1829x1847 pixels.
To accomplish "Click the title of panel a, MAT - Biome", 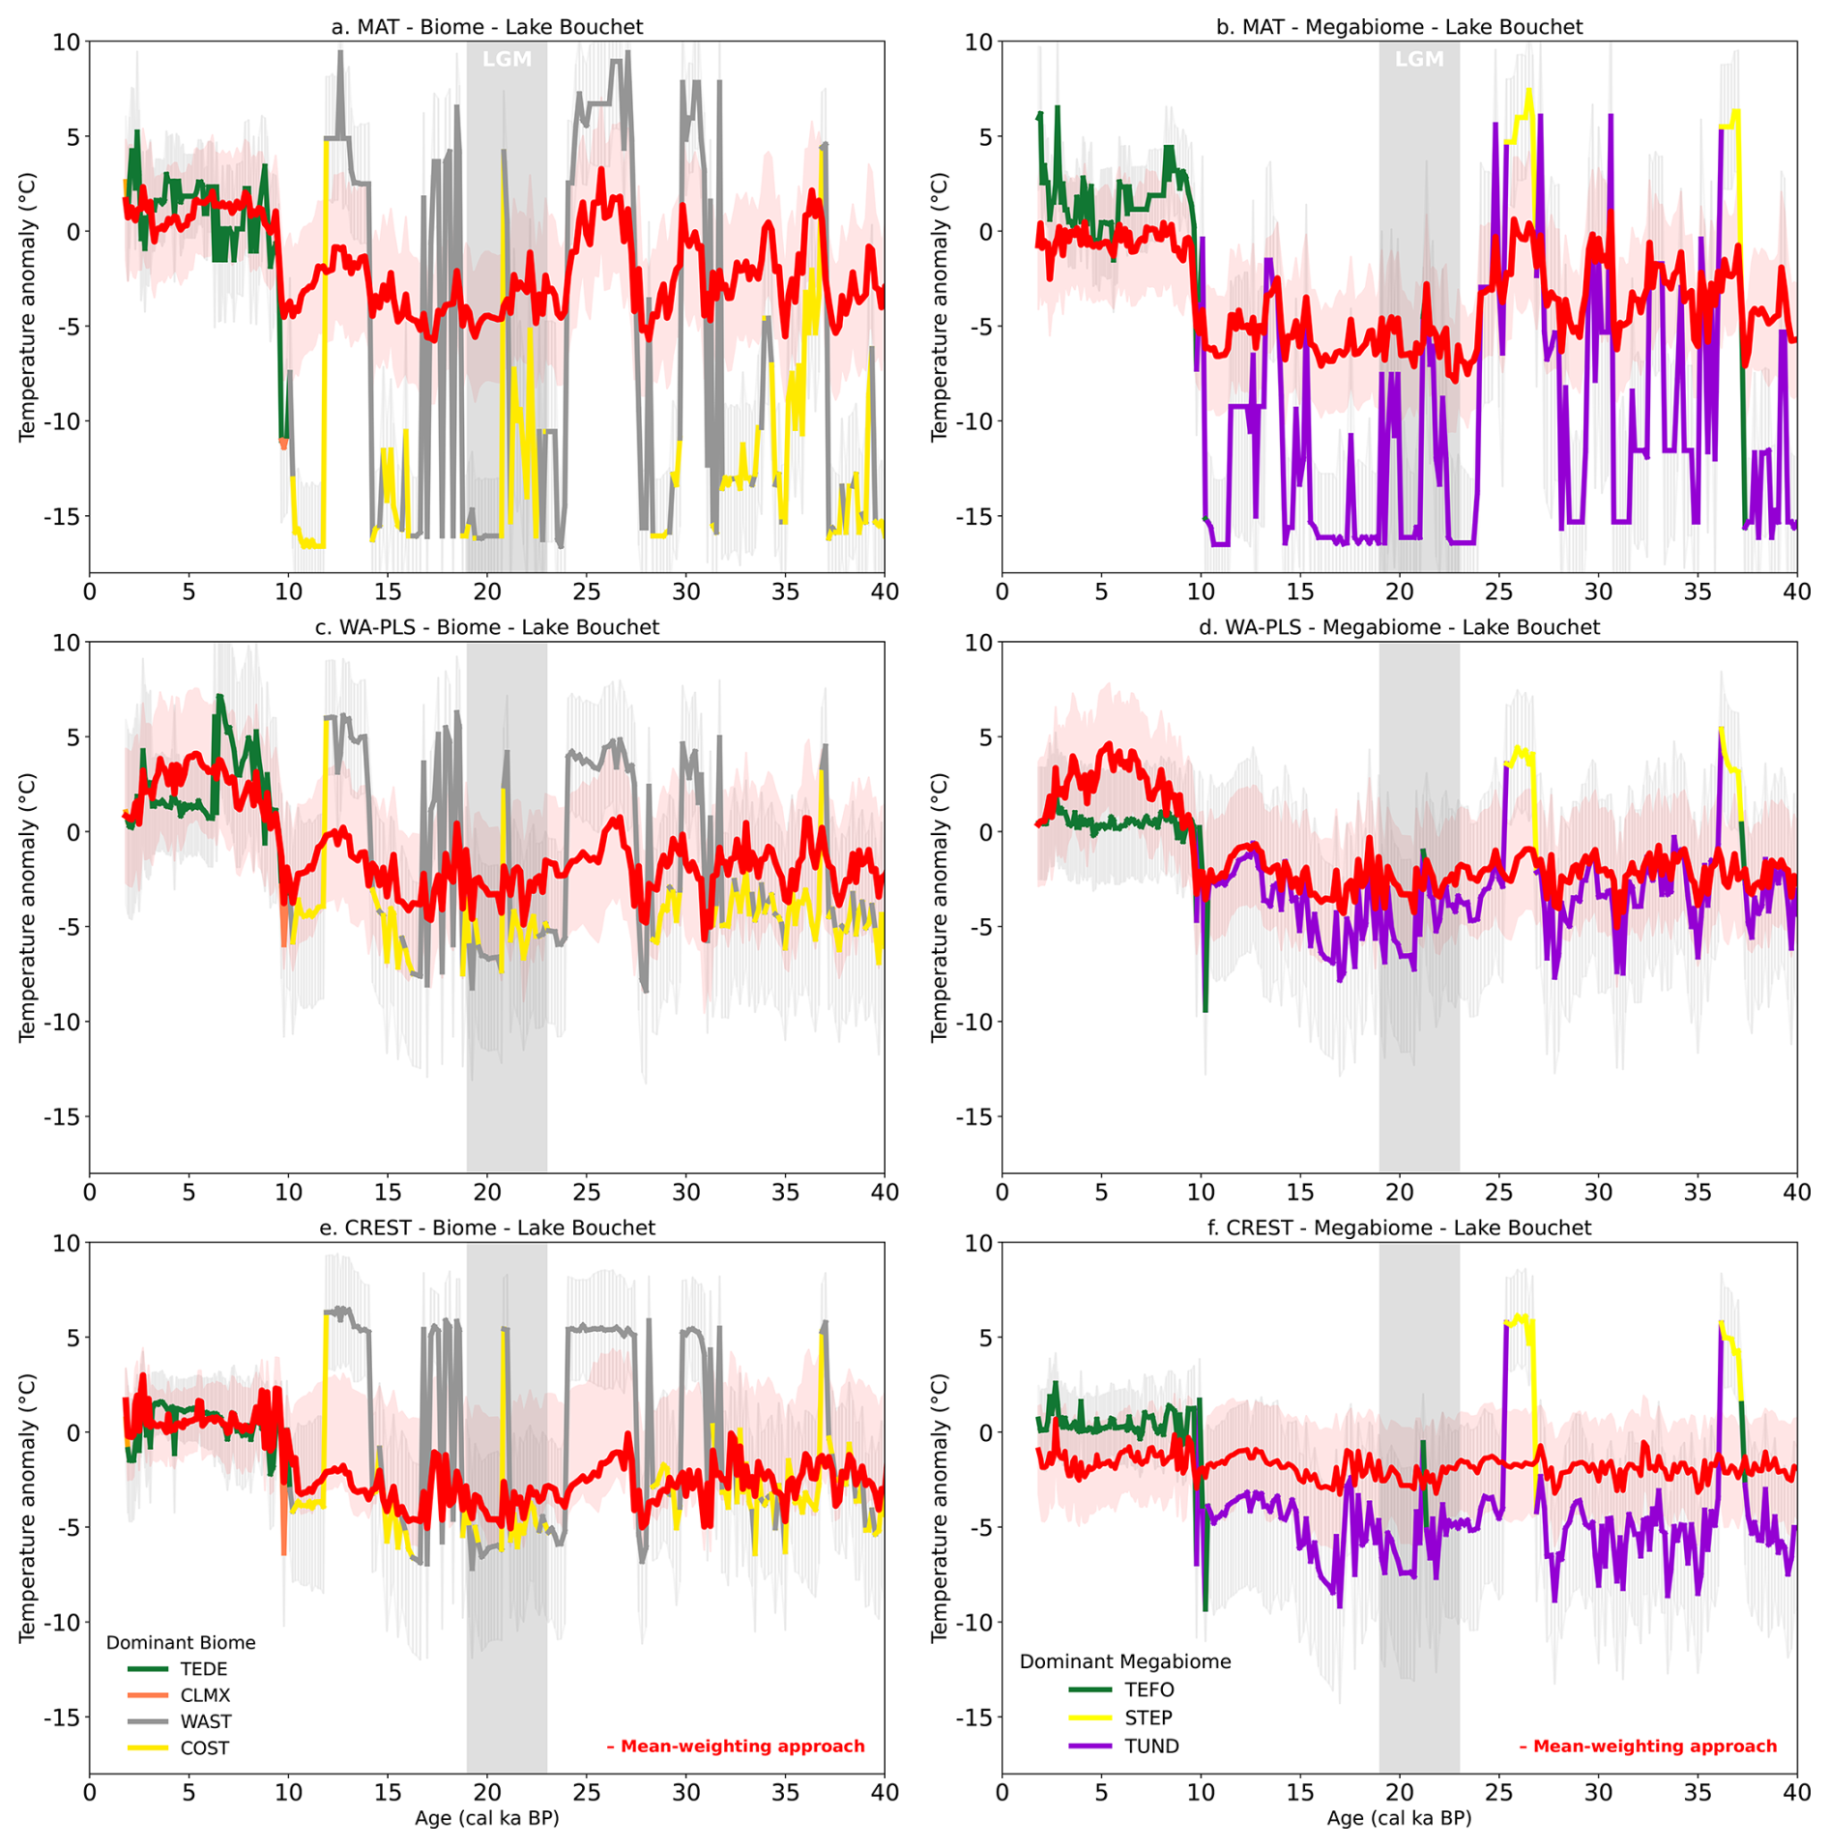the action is click(486, 27).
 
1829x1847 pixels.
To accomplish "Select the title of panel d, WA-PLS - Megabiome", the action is click(1399, 627).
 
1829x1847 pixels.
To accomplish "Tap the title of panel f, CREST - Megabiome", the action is click(1399, 1227).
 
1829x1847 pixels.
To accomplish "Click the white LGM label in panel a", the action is click(507, 60).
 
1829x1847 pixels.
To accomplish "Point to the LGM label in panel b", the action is click(1419, 60).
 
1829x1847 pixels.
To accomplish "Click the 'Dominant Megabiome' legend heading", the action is click(1125, 1661).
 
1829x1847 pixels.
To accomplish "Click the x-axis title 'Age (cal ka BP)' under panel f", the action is click(1399, 1818).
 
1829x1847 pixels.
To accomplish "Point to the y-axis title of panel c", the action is click(27, 908).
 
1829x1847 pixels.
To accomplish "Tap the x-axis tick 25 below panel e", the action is click(586, 1792).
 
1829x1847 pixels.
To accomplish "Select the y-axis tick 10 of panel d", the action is click(979, 642).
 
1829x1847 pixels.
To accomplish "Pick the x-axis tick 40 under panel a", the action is click(885, 592).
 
